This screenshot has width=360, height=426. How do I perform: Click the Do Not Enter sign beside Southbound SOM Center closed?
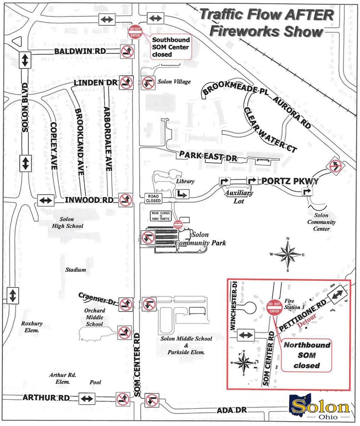click(136, 32)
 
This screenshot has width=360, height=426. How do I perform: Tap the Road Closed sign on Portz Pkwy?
click(153, 198)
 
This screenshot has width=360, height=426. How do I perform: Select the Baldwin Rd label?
click(80, 51)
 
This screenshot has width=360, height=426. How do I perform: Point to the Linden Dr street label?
click(95, 83)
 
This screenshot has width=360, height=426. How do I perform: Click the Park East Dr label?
click(208, 156)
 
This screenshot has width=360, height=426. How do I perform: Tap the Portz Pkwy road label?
click(290, 181)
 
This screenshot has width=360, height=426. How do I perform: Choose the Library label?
click(185, 181)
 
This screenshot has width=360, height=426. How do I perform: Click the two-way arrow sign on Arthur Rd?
click(86, 398)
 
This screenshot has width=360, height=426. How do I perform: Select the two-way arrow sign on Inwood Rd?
click(46, 201)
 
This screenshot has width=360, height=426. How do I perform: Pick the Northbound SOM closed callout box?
click(306, 355)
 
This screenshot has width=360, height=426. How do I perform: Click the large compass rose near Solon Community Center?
click(288, 254)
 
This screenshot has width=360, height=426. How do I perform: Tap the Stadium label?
click(75, 270)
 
